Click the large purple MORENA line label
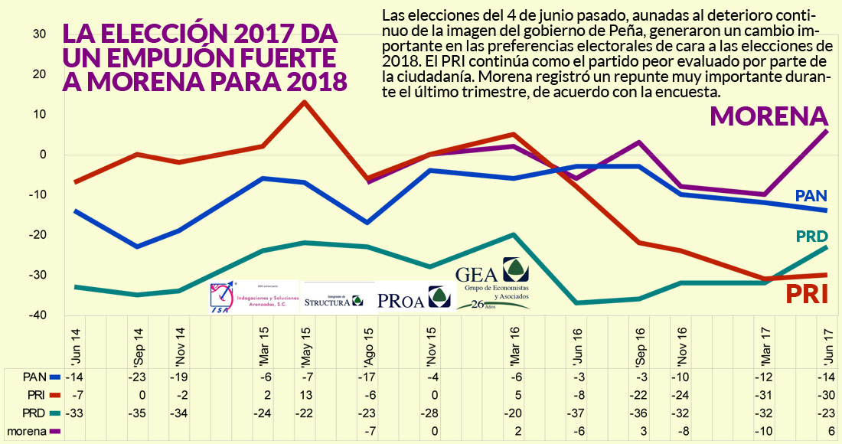(x=769, y=116)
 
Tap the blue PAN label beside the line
(x=811, y=197)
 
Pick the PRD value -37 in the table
(x=579, y=413)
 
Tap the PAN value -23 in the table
(x=137, y=377)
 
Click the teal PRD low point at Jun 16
(x=579, y=303)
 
